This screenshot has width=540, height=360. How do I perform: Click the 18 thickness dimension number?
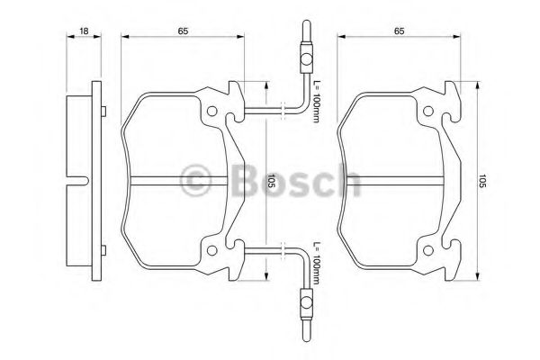click(83, 31)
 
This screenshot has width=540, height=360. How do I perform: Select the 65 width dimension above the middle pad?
click(183, 31)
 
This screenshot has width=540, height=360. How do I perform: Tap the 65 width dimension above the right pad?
click(398, 31)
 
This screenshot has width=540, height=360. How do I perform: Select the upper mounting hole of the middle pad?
click(212, 113)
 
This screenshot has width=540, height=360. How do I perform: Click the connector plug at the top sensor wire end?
click(305, 58)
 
